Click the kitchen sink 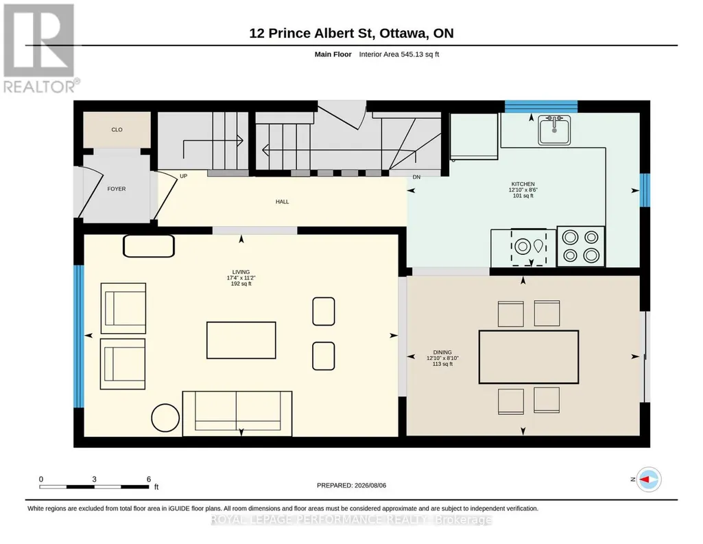click(555, 131)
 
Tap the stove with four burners click(581, 247)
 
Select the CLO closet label click(117, 130)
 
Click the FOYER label click(117, 189)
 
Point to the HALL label click(282, 201)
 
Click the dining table click(529, 357)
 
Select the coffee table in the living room click(241, 340)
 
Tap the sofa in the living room click(237, 413)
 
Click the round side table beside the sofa click(165, 418)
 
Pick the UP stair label click(183, 177)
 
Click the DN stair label click(416, 177)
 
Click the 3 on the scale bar click(94, 479)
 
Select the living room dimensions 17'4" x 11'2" click(241, 277)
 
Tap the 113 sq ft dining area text click(442, 364)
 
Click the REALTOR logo click(40, 49)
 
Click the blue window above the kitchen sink click(541, 107)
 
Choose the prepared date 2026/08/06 click(370, 485)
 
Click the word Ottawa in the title click(405, 33)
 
